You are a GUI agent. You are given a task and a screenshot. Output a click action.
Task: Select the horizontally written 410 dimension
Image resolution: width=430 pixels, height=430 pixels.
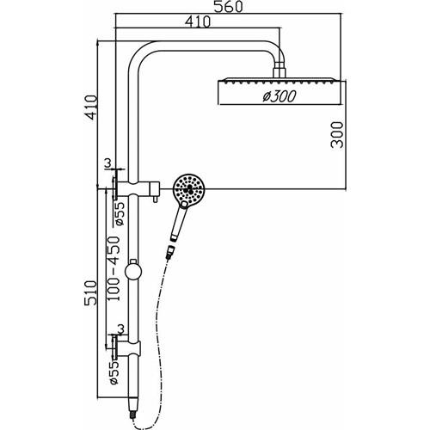click(197, 23)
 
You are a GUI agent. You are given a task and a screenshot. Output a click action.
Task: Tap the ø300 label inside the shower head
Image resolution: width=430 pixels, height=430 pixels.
click(278, 96)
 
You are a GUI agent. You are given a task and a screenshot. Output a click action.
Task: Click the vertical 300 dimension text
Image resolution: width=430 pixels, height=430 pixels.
click(338, 136)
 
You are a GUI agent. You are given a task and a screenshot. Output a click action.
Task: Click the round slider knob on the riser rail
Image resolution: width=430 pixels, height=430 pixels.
click(132, 273)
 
